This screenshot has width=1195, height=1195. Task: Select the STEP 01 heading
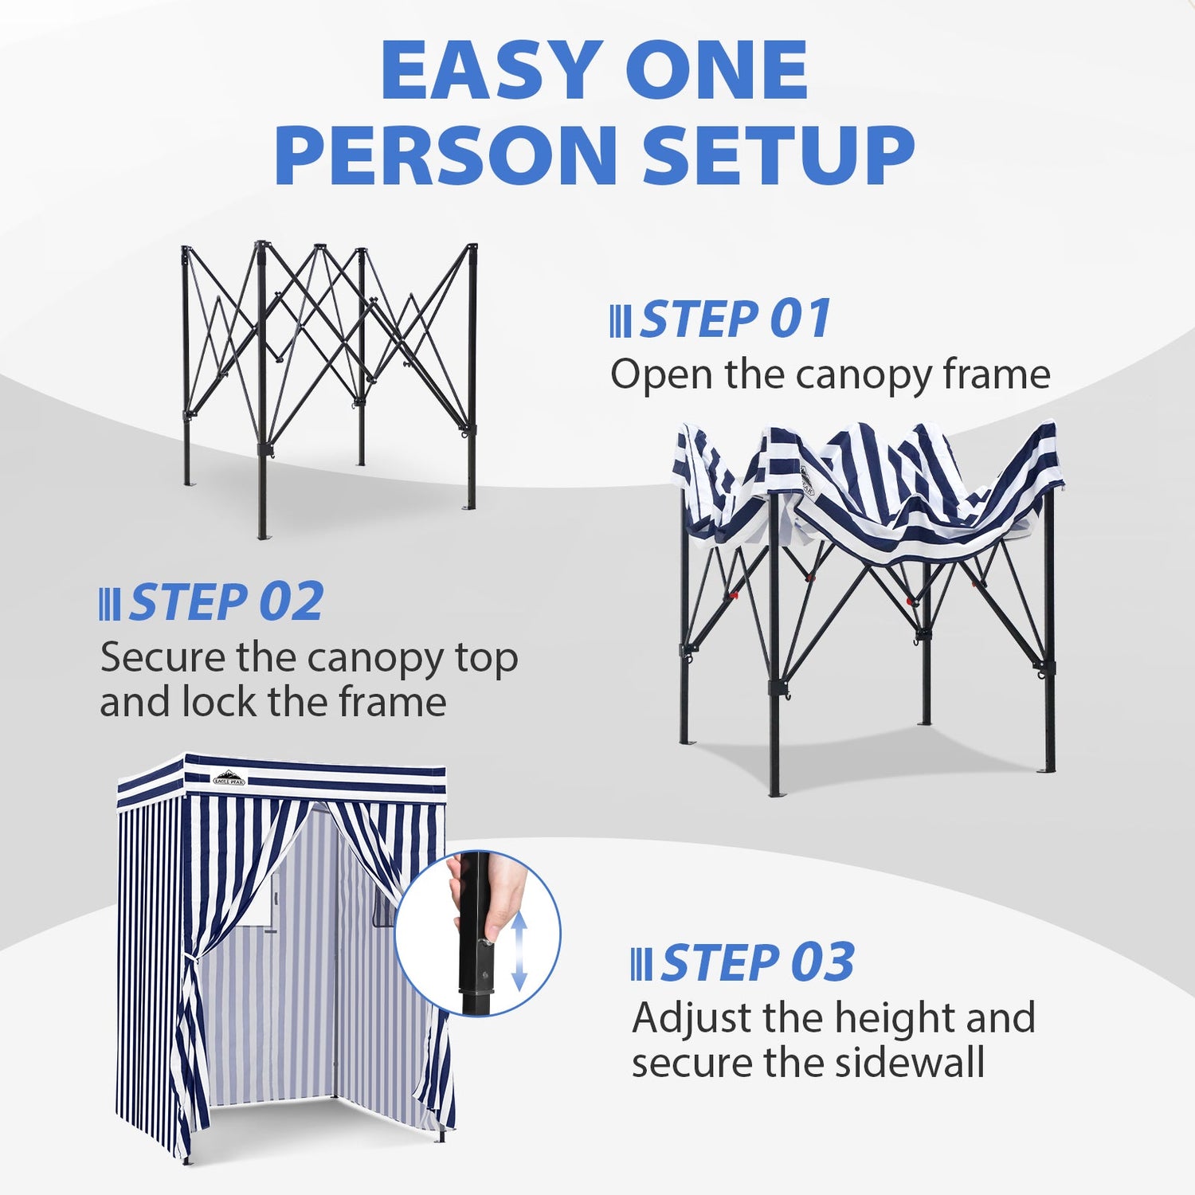click(735, 319)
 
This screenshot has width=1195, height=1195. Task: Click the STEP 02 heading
click(227, 601)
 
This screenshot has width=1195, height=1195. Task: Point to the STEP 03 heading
click(757, 962)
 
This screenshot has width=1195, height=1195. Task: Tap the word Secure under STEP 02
click(163, 658)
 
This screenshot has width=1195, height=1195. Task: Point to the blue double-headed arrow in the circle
click(519, 951)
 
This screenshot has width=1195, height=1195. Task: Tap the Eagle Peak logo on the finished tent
click(229, 778)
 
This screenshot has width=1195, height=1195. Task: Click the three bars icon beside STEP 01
click(621, 321)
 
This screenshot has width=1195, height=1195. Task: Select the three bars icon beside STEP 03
click(641, 964)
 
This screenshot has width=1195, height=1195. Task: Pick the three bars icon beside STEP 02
click(110, 604)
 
